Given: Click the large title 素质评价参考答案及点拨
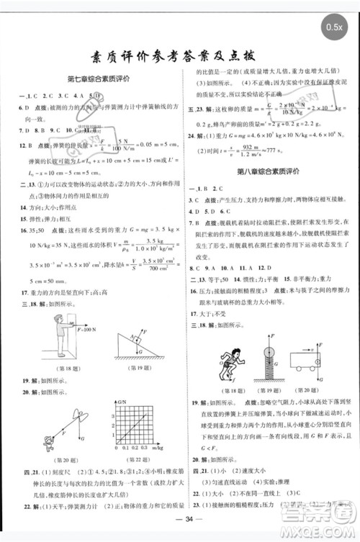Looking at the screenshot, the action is [x=180, y=59].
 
